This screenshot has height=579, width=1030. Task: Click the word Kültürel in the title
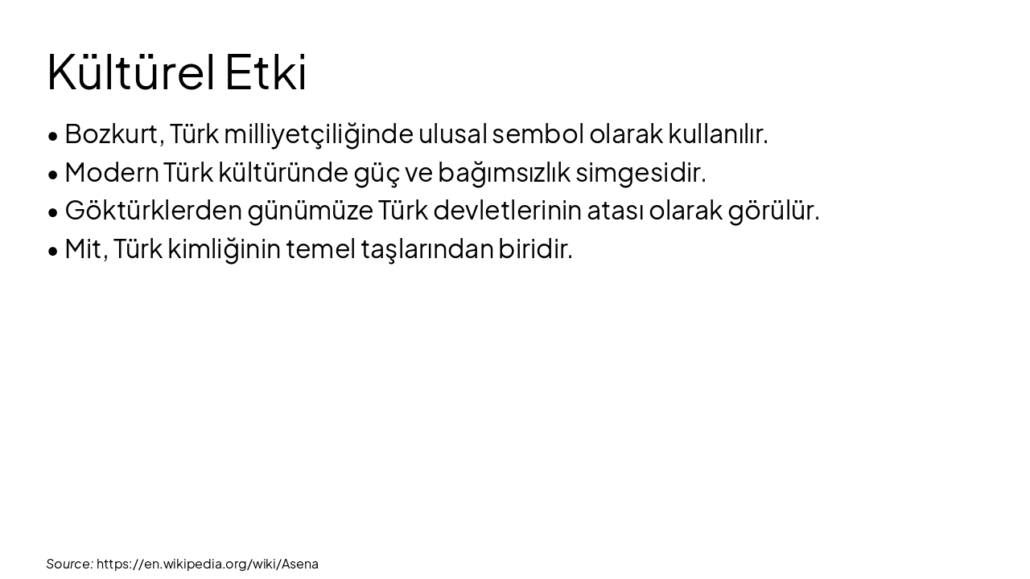point(130,72)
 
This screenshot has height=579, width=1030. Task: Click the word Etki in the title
point(266,72)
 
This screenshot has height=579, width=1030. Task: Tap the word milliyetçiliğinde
point(319,133)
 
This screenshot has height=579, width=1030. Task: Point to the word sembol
point(538,133)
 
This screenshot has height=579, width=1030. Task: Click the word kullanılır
point(718,133)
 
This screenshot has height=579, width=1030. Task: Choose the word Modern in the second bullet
point(112,172)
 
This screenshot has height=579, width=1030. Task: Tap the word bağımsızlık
point(503,172)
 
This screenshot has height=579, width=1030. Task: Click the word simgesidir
point(641,172)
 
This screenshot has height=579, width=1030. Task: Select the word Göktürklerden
point(153,211)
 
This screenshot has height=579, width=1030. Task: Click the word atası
point(615,211)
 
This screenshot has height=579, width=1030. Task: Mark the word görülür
point(773,211)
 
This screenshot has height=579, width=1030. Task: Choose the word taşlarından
point(426,249)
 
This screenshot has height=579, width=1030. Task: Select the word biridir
point(535,249)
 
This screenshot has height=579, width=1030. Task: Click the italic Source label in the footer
point(69,564)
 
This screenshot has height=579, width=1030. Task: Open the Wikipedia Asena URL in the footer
point(208,564)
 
